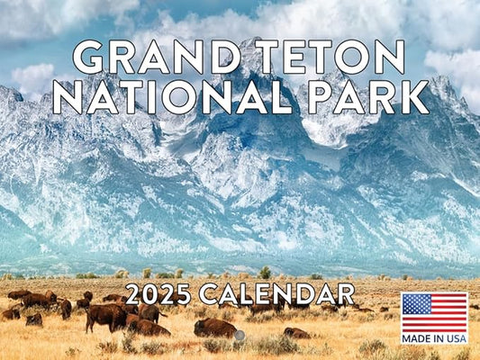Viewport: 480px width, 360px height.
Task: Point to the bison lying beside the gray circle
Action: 214,328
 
